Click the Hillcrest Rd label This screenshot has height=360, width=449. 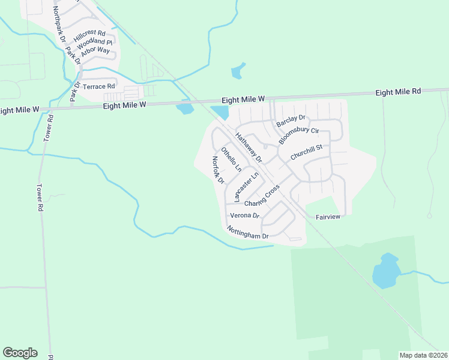pos(89,36)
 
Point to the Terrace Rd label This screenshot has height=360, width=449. pos(98,87)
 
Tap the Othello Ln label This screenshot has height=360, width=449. pos(231,159)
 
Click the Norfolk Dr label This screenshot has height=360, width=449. pos(217,170)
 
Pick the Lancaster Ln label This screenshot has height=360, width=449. pos(246,186)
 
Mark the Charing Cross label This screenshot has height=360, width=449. pos(262,197)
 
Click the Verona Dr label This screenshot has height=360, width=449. pos(244,215)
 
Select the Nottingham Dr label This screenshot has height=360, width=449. pos(247,232)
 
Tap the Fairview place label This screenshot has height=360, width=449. pos(328,217)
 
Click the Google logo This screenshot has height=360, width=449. pos(20,353)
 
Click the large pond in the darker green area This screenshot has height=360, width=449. pos(385,271)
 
